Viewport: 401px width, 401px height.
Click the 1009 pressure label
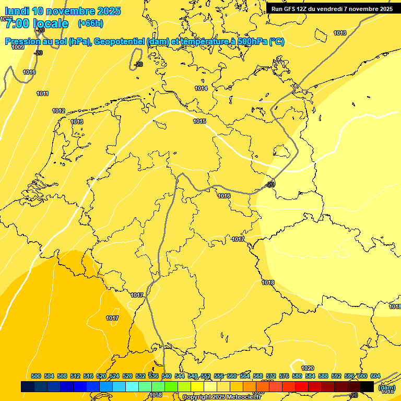[18, 47]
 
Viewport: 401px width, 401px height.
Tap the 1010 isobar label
[29, 72]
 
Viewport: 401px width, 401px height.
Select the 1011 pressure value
[43, 93]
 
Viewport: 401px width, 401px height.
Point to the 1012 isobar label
[58, 111]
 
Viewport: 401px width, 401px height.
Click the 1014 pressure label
[201, 88]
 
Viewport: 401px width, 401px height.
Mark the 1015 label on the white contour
[199, 121]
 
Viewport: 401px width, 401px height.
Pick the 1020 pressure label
[308, 368]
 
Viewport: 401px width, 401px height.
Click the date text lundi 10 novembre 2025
[63, 11]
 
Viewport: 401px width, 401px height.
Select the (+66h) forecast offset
[90, 23]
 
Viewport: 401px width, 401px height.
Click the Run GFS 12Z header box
[332, 8]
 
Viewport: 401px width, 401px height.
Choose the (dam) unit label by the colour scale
[386, 387]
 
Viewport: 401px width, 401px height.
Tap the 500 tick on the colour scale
[36, 376]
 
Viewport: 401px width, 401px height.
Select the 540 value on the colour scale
[167, 376]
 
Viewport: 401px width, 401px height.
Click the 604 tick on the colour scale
[375, 376]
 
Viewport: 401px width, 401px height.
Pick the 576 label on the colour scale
[284, 376]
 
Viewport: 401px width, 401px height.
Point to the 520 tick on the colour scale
[101, 376]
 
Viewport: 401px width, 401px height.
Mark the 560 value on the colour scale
[232, 376]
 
